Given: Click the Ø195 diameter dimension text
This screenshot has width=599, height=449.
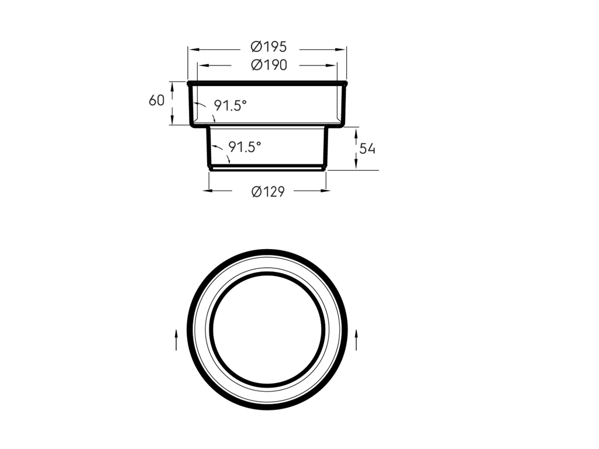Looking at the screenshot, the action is [268, 47].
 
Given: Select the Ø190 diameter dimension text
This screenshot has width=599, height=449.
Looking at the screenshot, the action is [269, 65].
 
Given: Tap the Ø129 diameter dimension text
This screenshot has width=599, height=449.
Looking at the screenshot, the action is [268, 191].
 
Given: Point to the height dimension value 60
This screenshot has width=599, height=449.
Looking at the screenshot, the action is [156, 101].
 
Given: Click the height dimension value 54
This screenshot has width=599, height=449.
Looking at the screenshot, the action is [367, 148].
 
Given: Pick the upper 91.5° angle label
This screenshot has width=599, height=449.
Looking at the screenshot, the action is [230, 105].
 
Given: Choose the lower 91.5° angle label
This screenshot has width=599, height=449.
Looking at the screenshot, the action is [245, 147].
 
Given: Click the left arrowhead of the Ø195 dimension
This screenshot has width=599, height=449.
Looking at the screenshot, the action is [194, 49].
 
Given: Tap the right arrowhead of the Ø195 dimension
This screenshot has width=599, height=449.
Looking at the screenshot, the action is [340, 49].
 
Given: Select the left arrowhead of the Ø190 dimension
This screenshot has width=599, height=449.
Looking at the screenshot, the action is [203, 65].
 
